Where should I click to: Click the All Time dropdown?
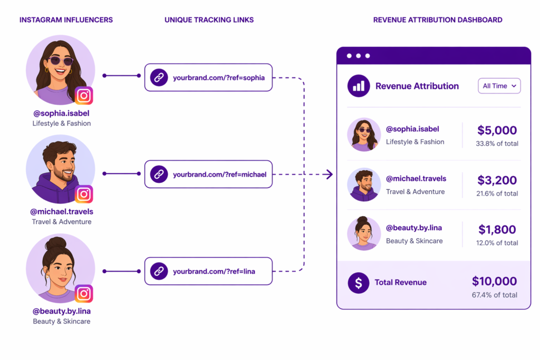[499, 86]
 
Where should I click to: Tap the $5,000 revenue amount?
[497, 130]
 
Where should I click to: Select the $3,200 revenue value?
[497, 180]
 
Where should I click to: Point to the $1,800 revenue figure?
[497, 230]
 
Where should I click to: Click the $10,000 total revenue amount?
[494, 281]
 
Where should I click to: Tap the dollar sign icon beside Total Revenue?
[359, 283]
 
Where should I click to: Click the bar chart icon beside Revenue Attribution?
[359, 86]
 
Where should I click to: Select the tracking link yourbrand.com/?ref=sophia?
[218, 78]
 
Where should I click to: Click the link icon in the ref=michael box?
[159, 174]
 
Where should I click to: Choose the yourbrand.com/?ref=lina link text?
[214, 271]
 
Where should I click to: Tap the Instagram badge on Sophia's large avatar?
[84, 95]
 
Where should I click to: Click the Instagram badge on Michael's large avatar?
[84, 194]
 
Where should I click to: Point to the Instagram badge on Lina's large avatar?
[84, 293]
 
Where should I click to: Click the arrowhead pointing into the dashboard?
[329, 174]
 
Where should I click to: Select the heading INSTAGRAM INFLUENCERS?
[66, 20]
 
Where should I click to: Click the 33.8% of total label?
[497, 143]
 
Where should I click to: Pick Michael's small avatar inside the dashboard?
[364, 184]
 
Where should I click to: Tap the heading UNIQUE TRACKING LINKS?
[209, 20]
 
